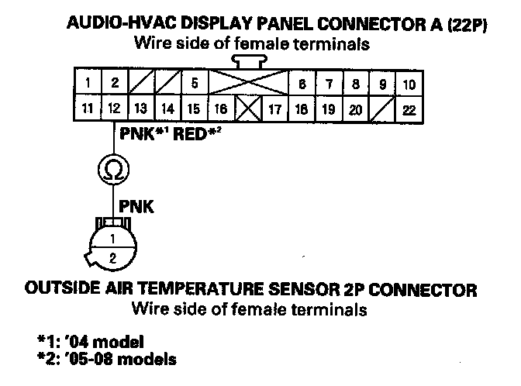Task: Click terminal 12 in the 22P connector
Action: click(113, 110)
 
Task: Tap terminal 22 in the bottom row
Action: click(409, 110)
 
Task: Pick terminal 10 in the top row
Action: click(409, 83)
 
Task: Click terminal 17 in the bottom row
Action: click(274, 110)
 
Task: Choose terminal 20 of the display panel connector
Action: click(355, 110)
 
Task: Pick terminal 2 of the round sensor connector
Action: click(113, 257)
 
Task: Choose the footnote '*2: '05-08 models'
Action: click(105, 358)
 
